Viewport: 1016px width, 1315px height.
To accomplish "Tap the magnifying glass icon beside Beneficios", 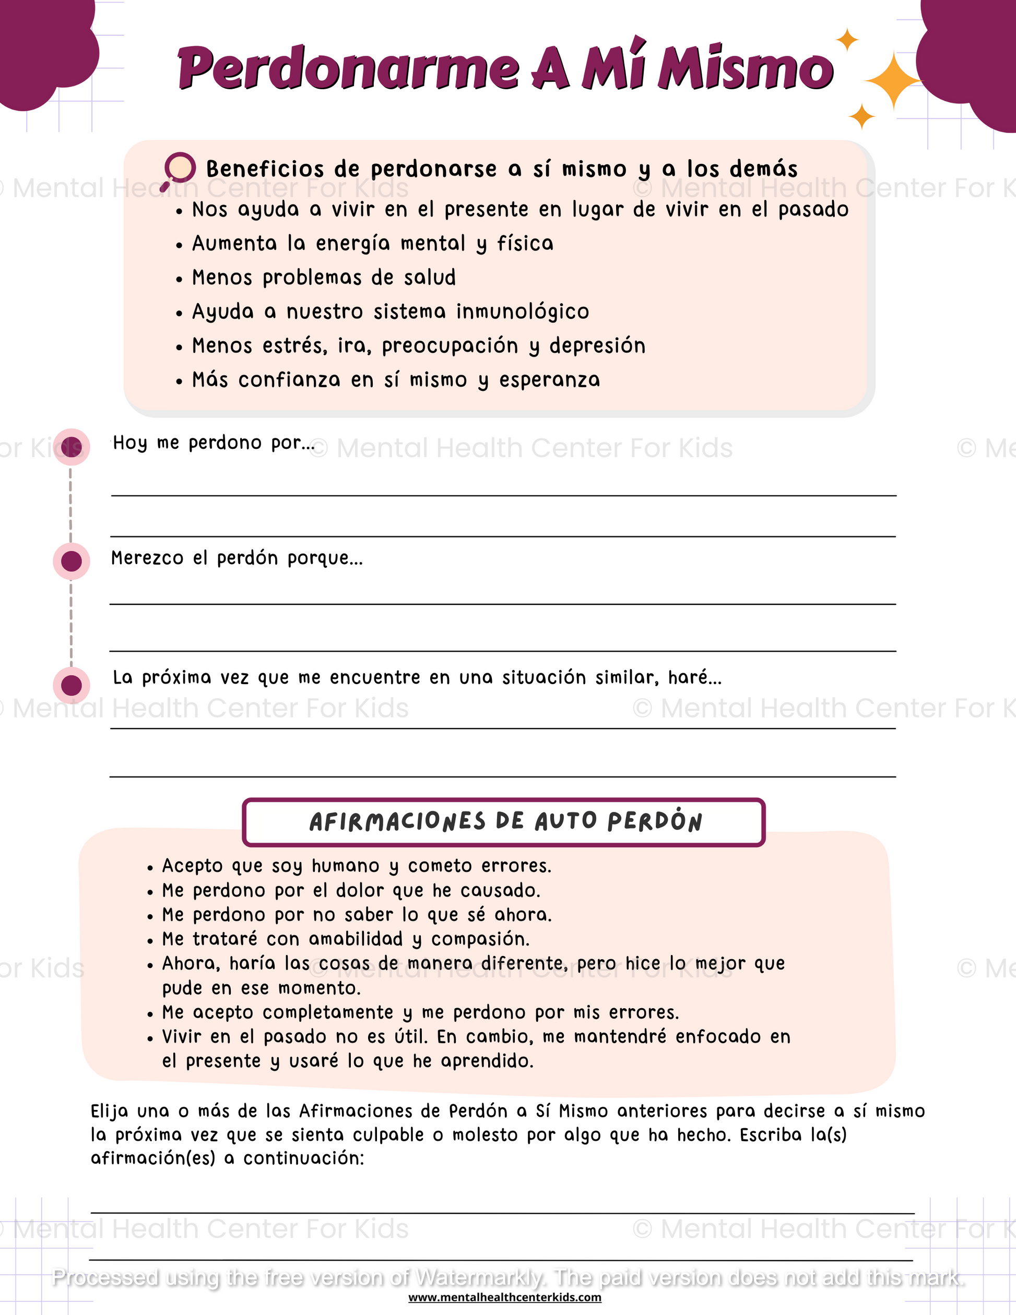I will click(179, 170).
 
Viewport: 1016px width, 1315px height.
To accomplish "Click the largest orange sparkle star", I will click(894, 81).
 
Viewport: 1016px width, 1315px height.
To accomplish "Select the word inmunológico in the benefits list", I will click(522, 312).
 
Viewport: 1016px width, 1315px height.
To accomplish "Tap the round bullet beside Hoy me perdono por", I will click(72, 447).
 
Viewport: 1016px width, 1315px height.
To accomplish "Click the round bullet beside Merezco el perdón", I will click(72, 561).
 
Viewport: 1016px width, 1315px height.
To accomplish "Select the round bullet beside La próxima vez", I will click(72, 685).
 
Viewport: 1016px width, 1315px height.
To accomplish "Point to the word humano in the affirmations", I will click(345, 866).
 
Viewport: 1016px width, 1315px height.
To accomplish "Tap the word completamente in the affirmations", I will click(328, 1012).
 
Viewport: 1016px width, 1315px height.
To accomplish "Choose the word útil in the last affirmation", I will click(410, 1037).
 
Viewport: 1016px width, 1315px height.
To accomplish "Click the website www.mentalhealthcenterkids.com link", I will click(505, 1298).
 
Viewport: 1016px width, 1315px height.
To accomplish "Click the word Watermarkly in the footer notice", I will click(480, 1277).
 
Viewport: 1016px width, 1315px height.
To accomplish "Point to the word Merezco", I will click(147, 558).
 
